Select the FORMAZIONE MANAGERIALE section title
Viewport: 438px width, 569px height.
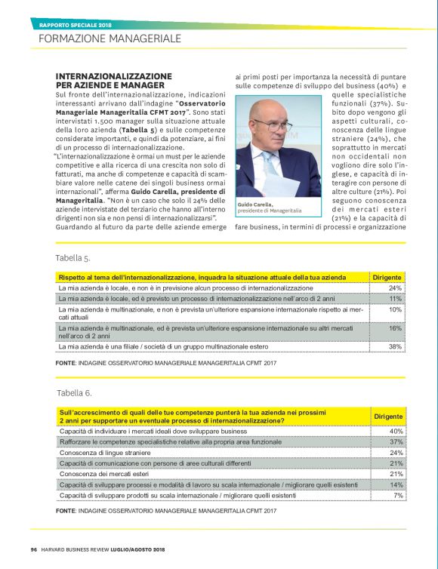point(109,38)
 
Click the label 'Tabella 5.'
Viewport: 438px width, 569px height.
point(74,258)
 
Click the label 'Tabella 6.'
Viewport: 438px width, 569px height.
point(74,393)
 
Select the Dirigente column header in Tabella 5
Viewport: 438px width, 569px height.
point(387,278)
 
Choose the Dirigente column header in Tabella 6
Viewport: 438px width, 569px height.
point(387,417)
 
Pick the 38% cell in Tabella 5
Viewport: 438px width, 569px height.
point(395,346)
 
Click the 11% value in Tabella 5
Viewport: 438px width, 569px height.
point(395,299)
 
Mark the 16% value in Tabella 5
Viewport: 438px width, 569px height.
point(395,329)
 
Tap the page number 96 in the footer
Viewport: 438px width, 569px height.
point(34,548)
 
